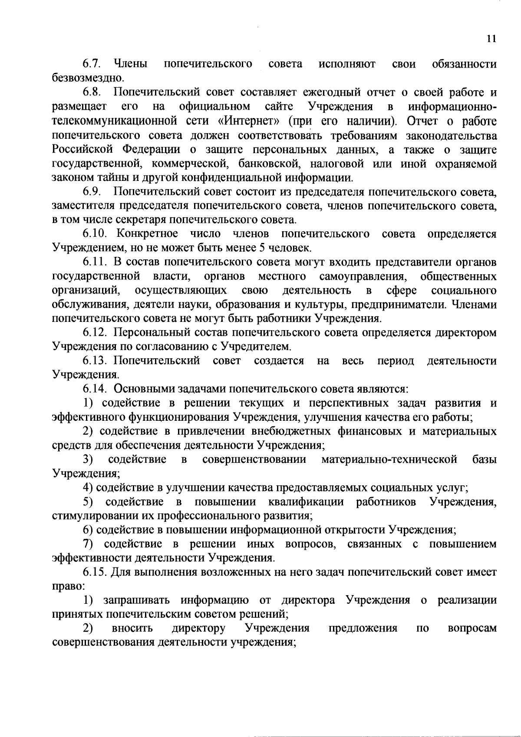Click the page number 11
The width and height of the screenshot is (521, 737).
491,39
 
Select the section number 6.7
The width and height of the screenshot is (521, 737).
92,64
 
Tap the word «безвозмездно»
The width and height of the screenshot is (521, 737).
82,79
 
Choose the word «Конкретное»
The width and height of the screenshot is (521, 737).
147,234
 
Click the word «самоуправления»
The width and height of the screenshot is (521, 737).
363,277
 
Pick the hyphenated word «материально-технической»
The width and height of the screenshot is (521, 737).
389,460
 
